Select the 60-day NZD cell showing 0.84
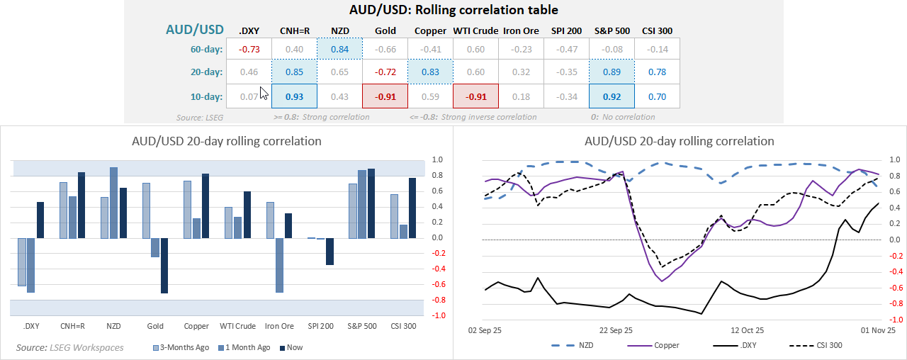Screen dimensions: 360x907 pyautogui.click(x=339, y=49)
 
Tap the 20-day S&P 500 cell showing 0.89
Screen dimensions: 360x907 pyautogui.click(x=612, y=72)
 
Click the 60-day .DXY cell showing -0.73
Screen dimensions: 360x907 pyautogui.click(x=249, y=49)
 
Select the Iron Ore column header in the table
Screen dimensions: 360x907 pyautogui.click(x=521, y=30)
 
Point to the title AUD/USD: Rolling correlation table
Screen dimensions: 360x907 pyautogui.click(x=453, y=10)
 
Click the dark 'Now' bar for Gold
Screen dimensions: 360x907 pyautogui.click(x=164, y=265)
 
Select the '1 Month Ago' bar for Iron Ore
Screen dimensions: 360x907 pyautogui.click(x=280, y=265)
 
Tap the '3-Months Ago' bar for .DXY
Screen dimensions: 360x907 pyautogui.click(x=21, y=261)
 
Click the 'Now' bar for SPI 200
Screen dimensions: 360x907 pyautogui.click(x=329, y=251)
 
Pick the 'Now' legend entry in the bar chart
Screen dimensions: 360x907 pyautogui.click(x=291, y=348)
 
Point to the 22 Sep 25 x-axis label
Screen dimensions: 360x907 pyautogui.click(x=616, y=330)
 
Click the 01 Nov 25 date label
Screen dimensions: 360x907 pyautogui.click(x=878, y=330)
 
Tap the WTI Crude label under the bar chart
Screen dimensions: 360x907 pyautogui.click(x=237, y=326)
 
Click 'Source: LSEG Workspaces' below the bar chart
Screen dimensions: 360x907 pyautogui.click(x=69, y=348)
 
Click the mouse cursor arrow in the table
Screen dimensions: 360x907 pyautogui.click(x=264, y=94)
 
